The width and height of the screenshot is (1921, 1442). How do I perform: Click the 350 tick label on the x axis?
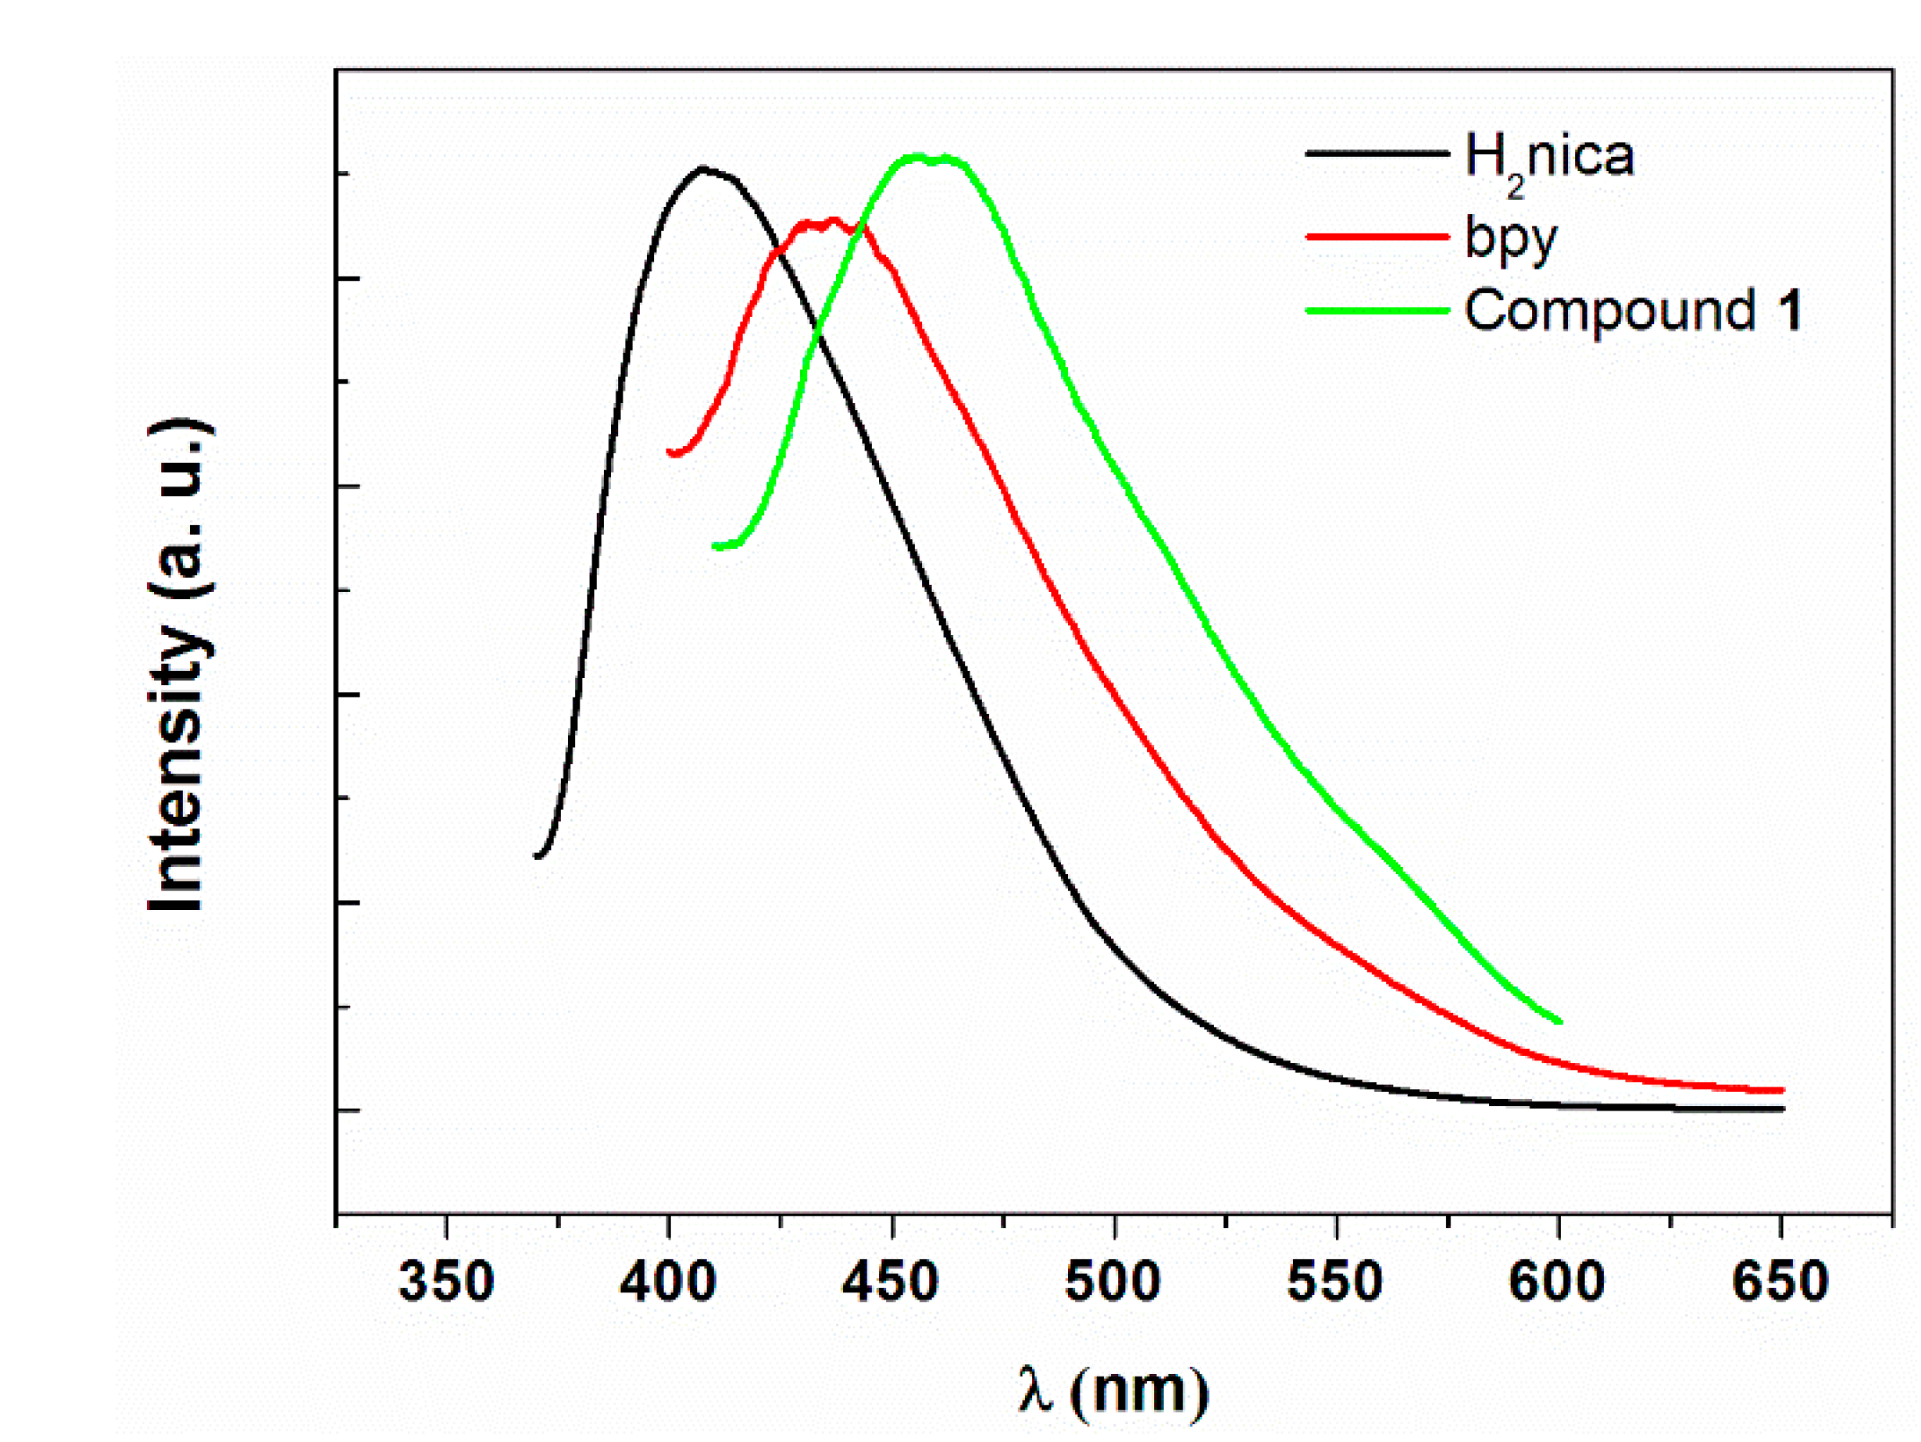445,1282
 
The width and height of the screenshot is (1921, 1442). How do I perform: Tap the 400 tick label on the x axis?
668,1282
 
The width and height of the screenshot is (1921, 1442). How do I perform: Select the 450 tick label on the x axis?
890,1282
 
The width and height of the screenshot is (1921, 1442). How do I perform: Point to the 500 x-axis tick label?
1112,1282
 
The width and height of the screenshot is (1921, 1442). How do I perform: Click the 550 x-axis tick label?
1334,1282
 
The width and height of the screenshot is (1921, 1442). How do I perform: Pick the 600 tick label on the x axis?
1556,1282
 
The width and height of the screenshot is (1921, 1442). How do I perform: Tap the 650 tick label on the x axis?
1779,1282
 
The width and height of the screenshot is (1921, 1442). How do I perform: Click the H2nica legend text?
1548,159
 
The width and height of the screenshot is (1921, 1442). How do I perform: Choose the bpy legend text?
1511,238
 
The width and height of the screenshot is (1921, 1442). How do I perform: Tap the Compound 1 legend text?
1632,311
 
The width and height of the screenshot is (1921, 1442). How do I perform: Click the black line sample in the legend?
1377,154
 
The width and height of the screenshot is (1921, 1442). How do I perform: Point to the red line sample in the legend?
1377,236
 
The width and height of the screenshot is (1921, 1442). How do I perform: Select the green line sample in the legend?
1377,311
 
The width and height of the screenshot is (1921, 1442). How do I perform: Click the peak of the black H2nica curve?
702,167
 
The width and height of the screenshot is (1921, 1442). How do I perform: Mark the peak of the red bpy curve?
833,219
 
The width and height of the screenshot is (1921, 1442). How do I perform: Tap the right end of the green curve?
1560,1021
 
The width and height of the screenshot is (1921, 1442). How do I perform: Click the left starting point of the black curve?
538,856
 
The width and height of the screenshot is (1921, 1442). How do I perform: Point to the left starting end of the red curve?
670,452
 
